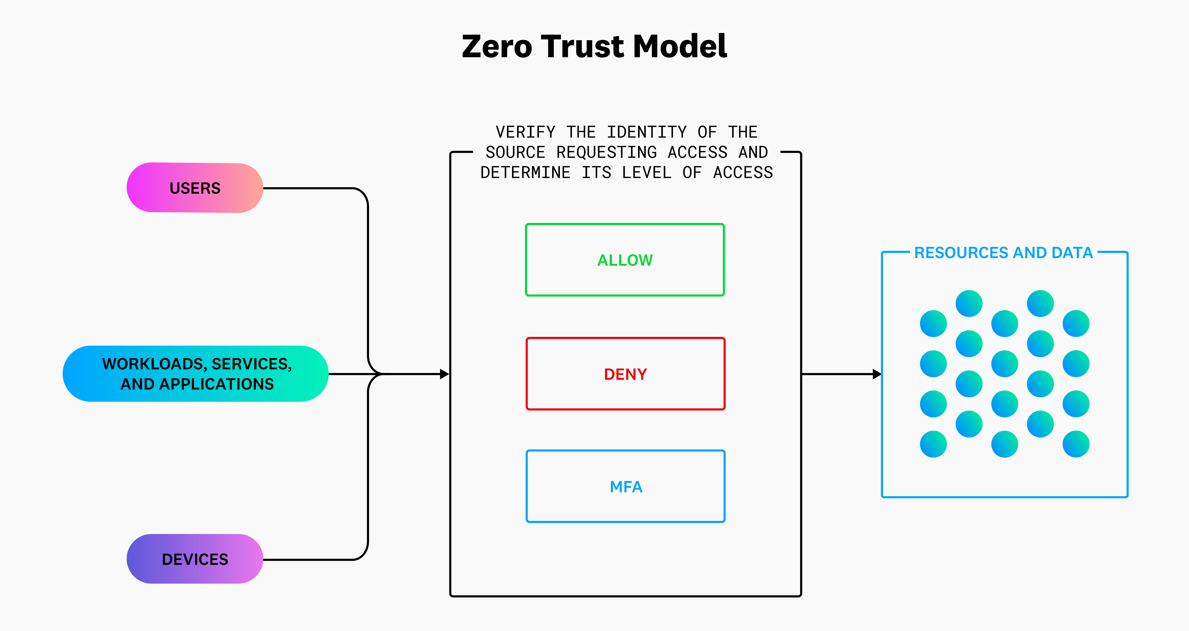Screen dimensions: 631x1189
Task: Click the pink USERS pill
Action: point(195,188)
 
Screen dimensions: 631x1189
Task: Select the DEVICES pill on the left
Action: point(195,559)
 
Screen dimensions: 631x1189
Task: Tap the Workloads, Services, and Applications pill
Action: point(196,374)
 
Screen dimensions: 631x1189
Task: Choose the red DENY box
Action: point(625,374)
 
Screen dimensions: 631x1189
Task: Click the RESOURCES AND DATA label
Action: point(1003,253)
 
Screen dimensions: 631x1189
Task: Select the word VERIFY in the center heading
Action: point(525,132)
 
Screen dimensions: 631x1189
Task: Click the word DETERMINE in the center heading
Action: point(525,172)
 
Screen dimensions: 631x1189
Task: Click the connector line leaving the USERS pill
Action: point(309,188)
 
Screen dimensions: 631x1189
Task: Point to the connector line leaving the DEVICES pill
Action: point(309,559)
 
